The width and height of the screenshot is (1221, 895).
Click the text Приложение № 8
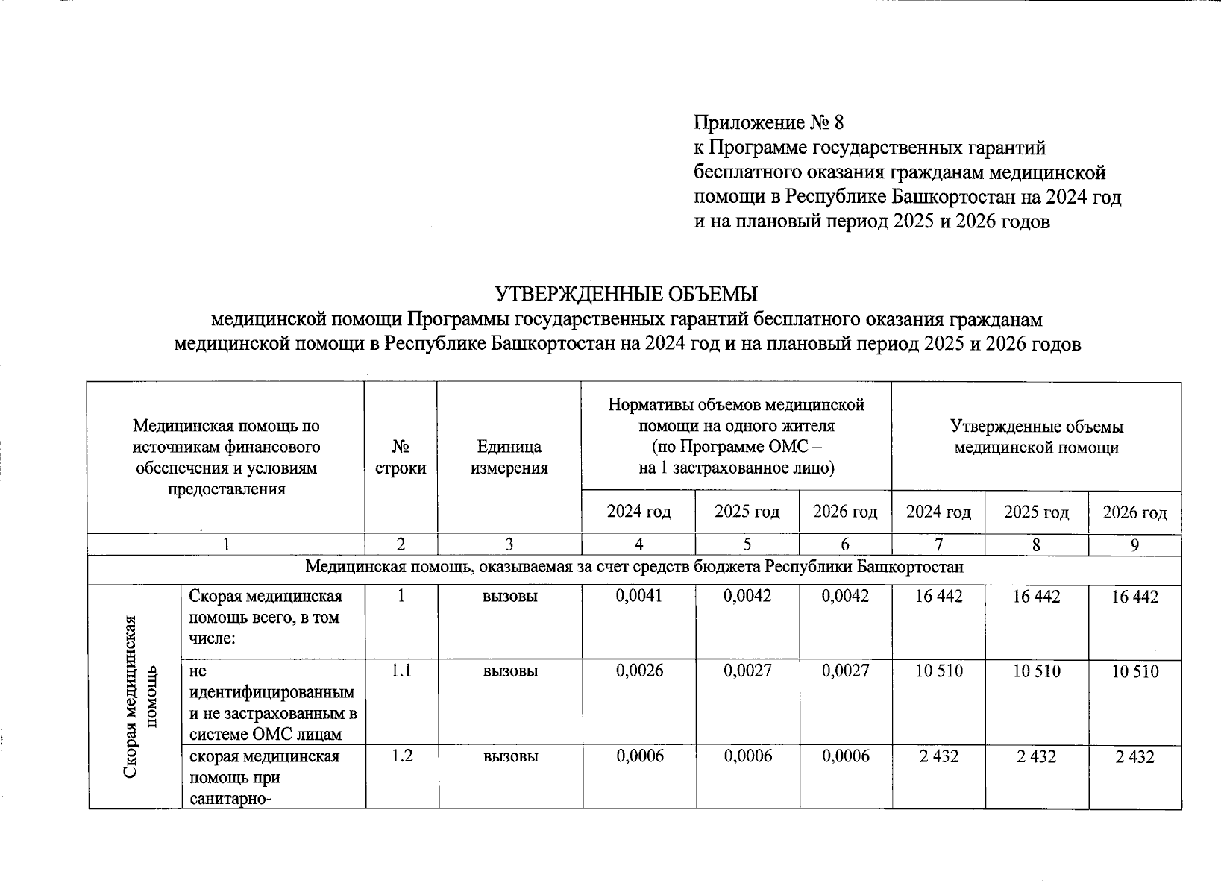click(769, 122)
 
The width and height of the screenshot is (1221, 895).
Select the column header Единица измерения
click(509, 457)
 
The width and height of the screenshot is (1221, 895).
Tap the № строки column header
click(401, 457)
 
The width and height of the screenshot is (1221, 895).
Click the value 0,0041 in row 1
click(639, 596)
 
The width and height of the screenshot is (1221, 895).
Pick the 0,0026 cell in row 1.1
click(639, 671)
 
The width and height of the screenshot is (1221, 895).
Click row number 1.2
click(401, 756)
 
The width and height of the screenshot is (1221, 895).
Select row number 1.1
click(401, 671)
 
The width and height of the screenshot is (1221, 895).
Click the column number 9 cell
click(1134, 545)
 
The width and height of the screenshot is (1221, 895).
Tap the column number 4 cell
click(639, 545)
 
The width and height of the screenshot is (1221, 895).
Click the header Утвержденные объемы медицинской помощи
click(1036, 437)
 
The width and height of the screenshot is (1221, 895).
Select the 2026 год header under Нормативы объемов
click(845, 512)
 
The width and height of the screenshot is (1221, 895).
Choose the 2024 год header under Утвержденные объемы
click(938, 512)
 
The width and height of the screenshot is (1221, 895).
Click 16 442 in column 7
click(939, 596)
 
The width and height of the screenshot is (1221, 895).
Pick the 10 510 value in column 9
click(1134, 671)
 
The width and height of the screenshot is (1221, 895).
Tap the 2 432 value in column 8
click(1036, 756)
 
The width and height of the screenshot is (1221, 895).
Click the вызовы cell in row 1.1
click(510, 671)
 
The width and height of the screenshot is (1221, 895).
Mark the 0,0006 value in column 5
click(747, 756)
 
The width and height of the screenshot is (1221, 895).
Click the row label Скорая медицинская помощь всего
click(265, 617)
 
